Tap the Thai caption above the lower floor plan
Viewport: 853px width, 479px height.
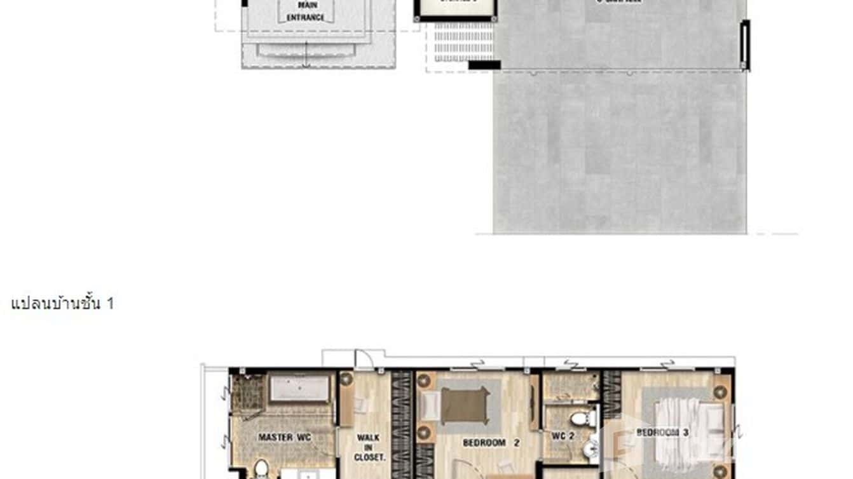[x=62, y=304]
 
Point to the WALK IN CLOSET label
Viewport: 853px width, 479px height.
[x=369, y=447]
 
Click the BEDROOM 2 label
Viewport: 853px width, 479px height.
[x=484, y=443]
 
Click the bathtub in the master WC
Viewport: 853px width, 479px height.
[x=300, y=388]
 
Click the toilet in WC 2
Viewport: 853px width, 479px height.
[x=582, y=419]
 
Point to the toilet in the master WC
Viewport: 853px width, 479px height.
[x=261, y=469]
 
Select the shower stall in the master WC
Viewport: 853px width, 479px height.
[x=247, y=393]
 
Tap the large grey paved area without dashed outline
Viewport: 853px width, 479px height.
[x=620, y=152]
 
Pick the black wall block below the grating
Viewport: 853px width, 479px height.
[x=484, y=64]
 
